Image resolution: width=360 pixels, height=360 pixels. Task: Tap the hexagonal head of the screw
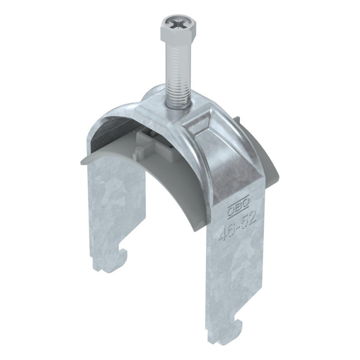(178, 29)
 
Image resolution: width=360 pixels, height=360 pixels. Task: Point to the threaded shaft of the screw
(178, 73)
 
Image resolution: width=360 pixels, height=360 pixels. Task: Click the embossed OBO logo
(238, 205)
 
